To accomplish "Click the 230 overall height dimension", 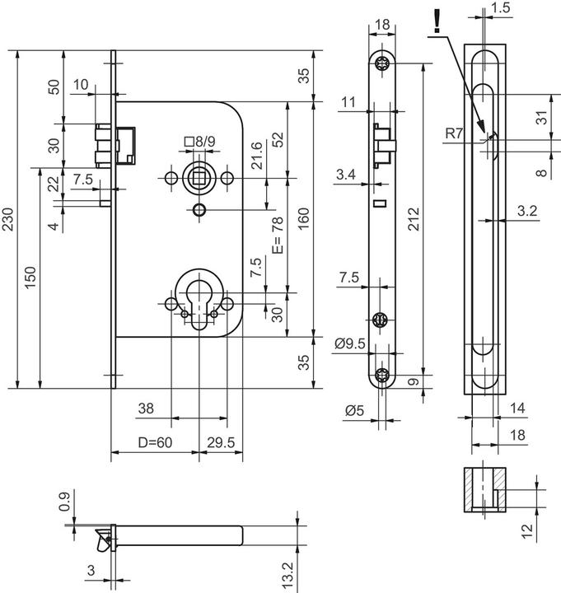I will pyautogui.click(x=10, y=218).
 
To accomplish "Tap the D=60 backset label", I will pyautogui.click(x=156, y=442).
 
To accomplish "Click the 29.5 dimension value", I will pyautogui.click(x=220, y=442).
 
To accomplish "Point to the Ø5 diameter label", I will pyautogui.click(x=355, y=409).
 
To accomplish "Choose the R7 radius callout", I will pyautogui.click(x=453, y=132).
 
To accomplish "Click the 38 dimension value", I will pyautogui.click(x=145, y=408).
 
